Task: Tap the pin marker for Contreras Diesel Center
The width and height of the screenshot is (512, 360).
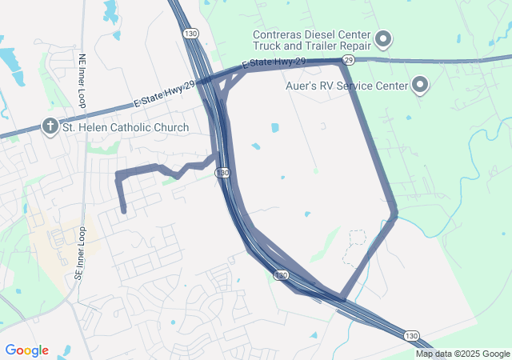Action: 383,38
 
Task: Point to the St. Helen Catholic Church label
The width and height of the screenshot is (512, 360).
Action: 126,127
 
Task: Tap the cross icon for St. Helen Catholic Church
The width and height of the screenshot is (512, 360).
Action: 50,127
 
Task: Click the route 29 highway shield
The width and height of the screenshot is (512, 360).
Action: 348,60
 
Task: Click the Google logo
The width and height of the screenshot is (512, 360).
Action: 26,350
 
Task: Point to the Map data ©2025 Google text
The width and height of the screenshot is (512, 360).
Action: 462,354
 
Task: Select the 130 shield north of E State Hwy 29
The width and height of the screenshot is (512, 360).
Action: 190,34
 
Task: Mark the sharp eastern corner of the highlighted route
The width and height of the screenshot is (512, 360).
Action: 395,214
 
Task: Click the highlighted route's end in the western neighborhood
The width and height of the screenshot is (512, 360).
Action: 124,211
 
